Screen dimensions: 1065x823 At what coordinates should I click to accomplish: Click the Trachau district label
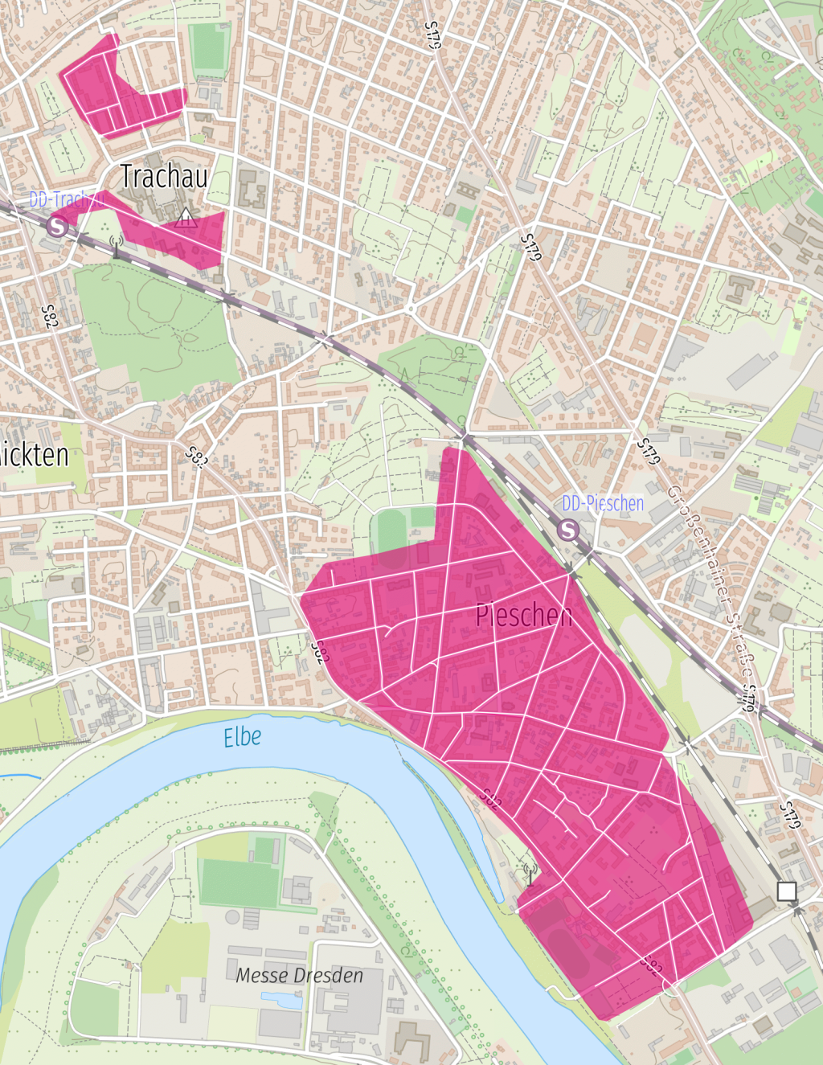pos(164,176)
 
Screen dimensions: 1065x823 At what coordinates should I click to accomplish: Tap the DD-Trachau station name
pos(66,199)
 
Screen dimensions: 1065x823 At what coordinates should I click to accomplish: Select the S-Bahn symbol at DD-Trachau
pos(56,226)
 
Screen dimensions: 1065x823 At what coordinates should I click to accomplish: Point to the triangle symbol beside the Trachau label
pos(186,217)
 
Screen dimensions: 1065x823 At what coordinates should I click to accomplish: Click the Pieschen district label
pos(524,615)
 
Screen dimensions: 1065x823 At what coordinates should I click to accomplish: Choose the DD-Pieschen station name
pos(603,504)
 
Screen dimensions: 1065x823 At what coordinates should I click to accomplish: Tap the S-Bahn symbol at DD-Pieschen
pos(568,530)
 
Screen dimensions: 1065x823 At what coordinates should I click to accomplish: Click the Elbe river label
pos(242,737)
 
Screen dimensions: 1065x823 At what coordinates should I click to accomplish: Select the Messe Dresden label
pos(299,975)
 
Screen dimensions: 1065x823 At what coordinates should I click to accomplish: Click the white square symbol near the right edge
pos(787,891)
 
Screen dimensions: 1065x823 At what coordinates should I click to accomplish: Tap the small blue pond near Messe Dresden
pos(281,1000)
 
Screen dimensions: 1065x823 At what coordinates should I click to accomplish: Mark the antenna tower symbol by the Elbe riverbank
pos(529,873)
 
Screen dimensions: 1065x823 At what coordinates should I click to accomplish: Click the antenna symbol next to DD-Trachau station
pos(115,244)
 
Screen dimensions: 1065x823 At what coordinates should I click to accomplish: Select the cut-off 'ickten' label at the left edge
pos(34,455)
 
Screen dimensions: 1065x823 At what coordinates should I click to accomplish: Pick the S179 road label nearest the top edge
pos(433,35)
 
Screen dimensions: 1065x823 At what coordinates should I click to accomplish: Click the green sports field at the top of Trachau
pos(208,49)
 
